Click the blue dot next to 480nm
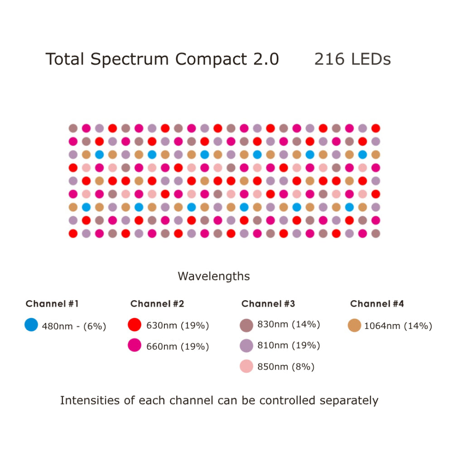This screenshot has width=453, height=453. coord(31,325)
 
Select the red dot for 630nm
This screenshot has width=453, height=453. coord(135,325)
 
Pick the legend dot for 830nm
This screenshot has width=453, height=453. coord(246,325)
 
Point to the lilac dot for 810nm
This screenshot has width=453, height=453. coord(246,346)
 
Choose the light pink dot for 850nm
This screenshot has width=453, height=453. coord(246,366)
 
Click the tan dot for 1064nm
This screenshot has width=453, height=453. coord(355,325)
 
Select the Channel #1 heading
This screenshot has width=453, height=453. coord(52,304)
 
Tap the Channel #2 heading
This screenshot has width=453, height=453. coord(157,304)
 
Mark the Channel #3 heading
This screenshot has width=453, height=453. coord(268,304)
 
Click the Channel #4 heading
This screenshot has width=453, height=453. coord(377,304)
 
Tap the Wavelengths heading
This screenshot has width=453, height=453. coord(213,276)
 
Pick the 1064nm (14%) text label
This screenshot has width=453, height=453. coord(398,326)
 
